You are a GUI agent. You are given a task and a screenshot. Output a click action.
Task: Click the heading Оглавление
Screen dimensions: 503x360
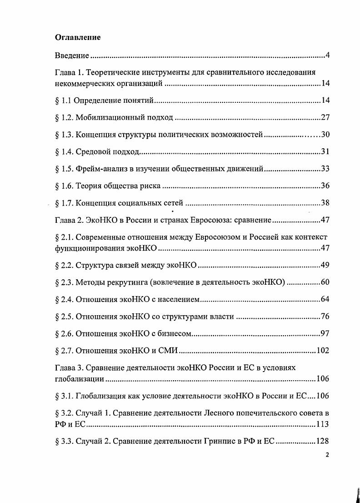[78, 38]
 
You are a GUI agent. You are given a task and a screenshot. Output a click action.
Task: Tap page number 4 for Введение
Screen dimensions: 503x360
[327, 56]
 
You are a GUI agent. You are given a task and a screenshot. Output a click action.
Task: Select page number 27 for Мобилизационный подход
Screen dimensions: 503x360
[325, 118]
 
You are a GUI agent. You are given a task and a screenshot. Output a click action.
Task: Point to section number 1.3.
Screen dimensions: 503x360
[67, 135]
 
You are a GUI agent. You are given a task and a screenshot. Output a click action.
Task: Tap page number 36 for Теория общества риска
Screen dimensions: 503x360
[325, 186]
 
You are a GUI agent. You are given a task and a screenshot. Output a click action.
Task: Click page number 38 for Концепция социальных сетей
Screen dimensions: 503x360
[325, 203]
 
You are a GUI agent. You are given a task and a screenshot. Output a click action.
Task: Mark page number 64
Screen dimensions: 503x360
[325, 299]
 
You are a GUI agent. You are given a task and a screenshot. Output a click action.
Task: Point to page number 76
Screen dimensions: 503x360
[325, 317]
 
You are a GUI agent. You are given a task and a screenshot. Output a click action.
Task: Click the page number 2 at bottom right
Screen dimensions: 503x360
[327, 455]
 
